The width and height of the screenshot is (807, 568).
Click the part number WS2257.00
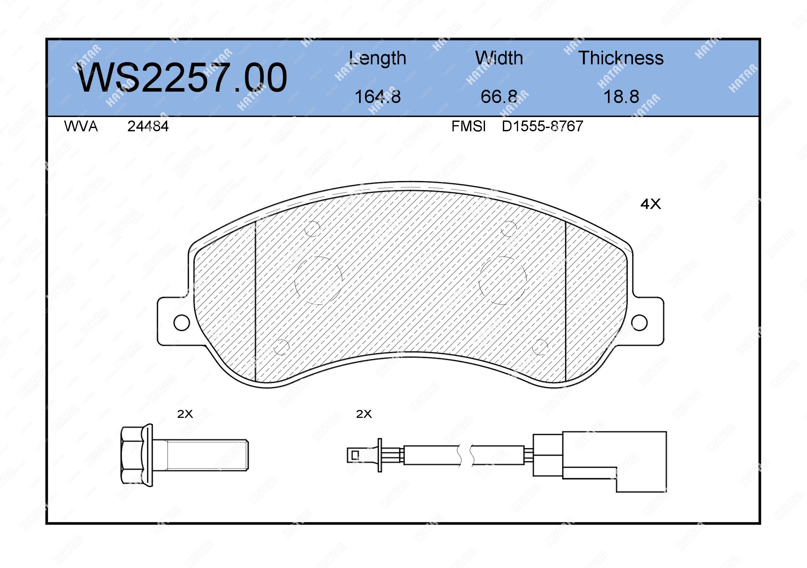pyautogui.click(x=182, y=77)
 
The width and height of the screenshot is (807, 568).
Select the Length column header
pyautogui.click(x=378, y=58)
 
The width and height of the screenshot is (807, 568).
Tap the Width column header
pyautogui.click(x=499, y=58)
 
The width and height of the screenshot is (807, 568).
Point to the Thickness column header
pyautogui.click(x=621, y=58)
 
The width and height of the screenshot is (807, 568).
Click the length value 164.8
pyautogui.click(x=378, y=97)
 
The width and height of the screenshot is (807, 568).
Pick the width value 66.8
pyautogui.click(x=499, y=97)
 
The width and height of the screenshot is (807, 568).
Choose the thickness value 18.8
pyautogui.click(x=621, y=97)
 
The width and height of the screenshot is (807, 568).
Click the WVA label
pyautogui.click(x=81, y=126)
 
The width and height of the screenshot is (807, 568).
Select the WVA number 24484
pyautogui.click(x=148, y=126)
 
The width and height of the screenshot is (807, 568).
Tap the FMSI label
pyautogui.click(x=468, y=126)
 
